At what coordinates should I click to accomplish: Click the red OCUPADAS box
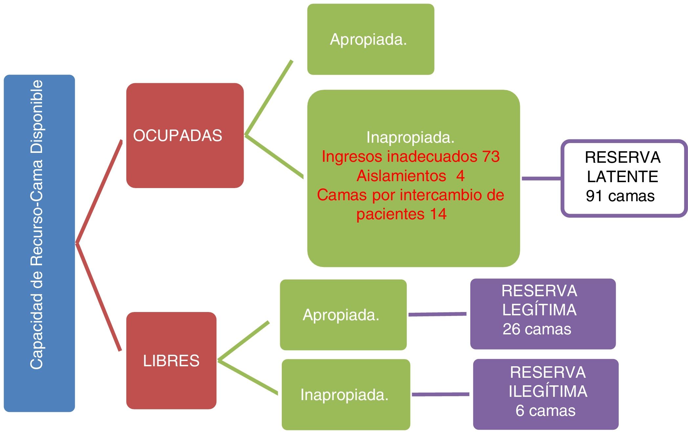[x=185, y=135]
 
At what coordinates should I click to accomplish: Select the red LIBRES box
[x=171, y=360]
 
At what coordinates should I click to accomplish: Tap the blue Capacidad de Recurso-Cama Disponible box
[x=39, y=243]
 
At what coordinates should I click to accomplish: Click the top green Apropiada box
[x=370, y=39]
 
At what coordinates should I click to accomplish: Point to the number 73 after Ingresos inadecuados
[x=491, y=157]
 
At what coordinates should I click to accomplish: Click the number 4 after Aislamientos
[x=460, y=176]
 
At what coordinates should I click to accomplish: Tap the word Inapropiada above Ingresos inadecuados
[x=410, y=137]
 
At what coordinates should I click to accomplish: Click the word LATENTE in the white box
[x=622, y=177]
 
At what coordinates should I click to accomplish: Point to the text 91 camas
[x=620, y=196]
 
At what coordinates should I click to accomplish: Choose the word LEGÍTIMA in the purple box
[x=539, y=310]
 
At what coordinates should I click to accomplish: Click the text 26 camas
[x=537, y=329]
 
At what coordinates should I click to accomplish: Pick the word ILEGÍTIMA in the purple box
[x=548, y=391]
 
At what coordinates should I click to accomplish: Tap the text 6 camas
[x=545, y=411]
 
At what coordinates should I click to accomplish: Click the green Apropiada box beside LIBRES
[x=343, y=315]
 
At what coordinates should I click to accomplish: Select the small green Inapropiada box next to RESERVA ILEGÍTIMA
[x=346, y=395]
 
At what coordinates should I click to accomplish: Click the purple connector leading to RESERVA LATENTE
[x=541, y=179]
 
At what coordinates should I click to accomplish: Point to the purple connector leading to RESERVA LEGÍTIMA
[x=437, y=314]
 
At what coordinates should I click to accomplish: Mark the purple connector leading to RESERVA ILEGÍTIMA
[x=440, y=394]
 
